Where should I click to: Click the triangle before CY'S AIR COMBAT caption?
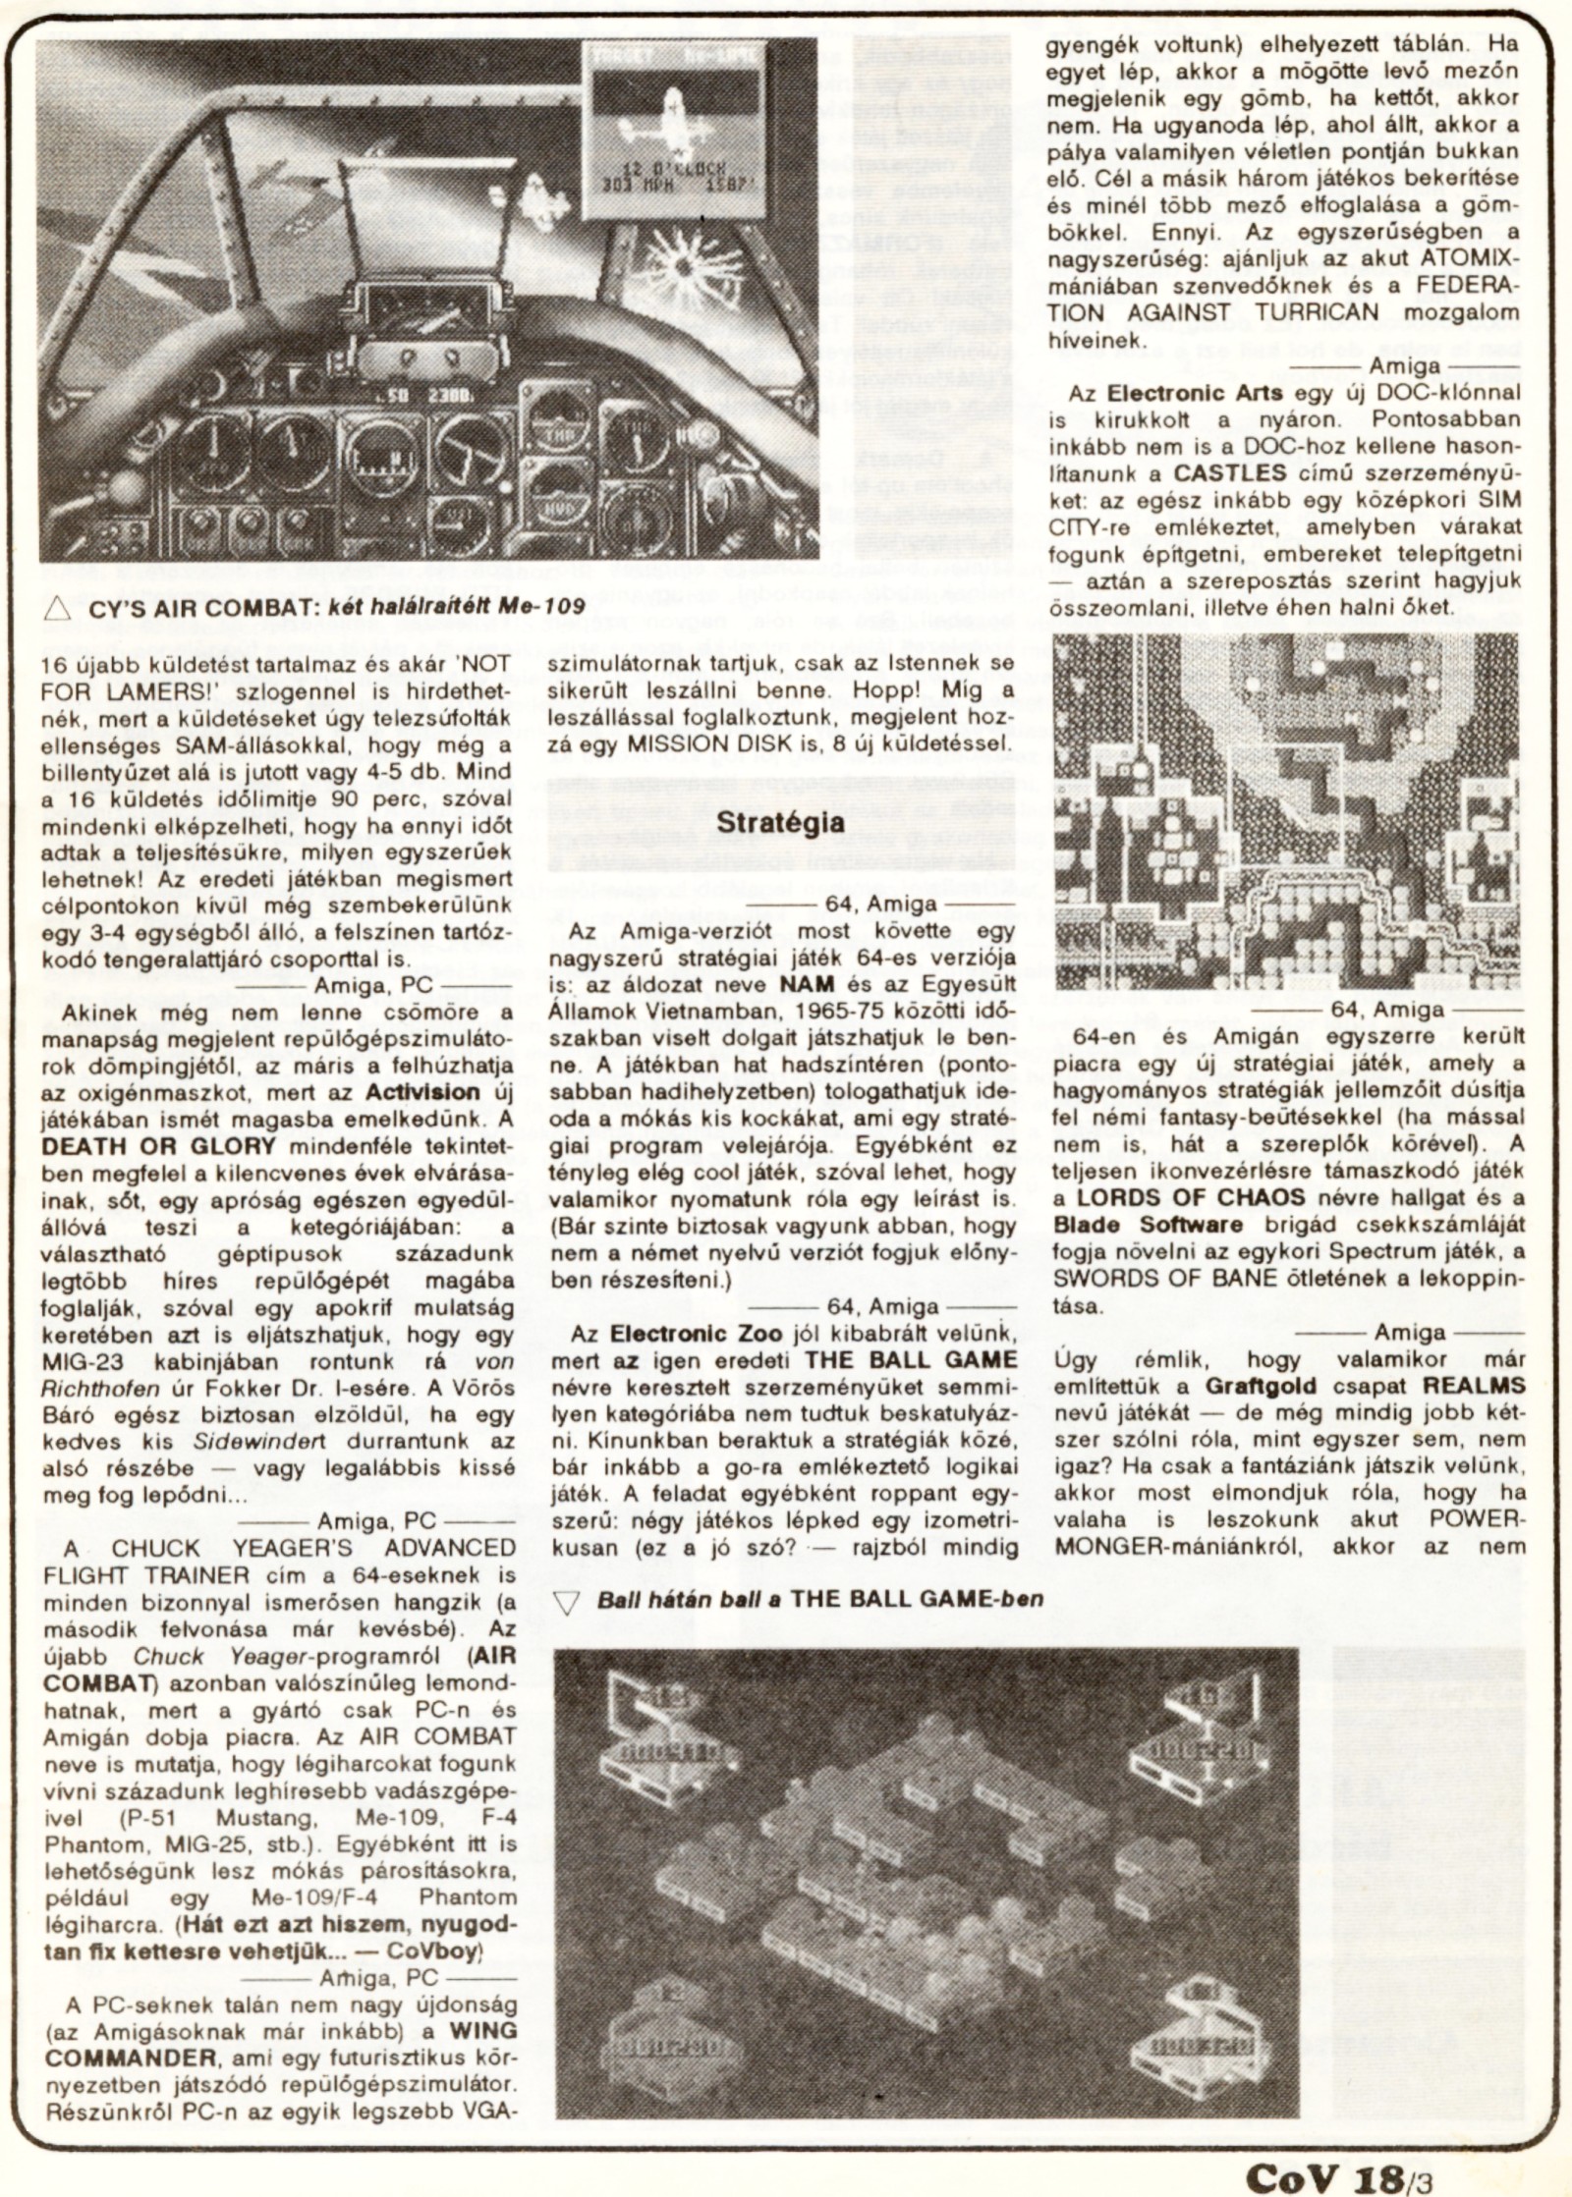click(x=56, y=608)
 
